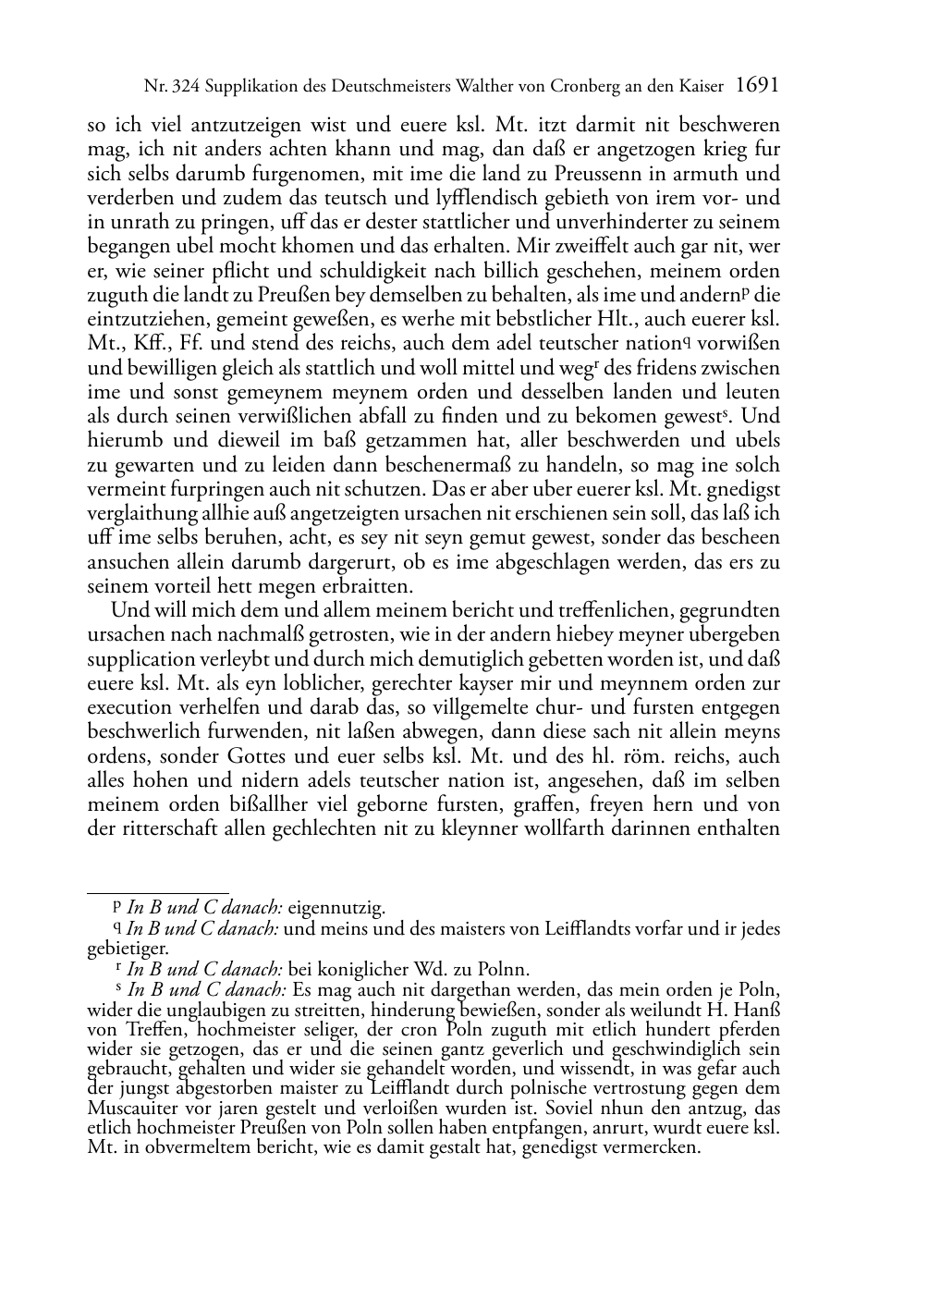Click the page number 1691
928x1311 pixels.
point(757,86)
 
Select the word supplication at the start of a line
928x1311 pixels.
point(135,659)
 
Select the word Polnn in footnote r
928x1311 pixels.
point(504,970)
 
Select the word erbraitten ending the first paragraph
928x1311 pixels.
point(367,586)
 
